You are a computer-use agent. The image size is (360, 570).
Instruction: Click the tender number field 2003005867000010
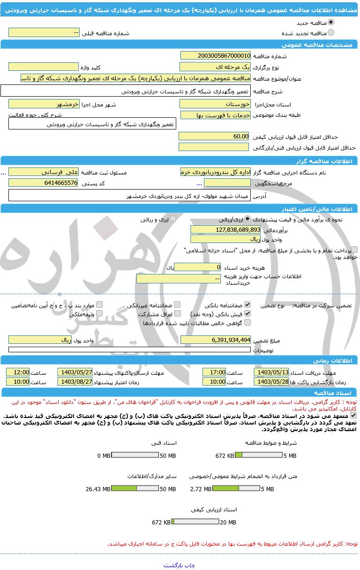pyautogui.click(x=215, y=55)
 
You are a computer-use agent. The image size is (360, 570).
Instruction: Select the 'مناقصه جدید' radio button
pyautogui.click(x=331, y=23)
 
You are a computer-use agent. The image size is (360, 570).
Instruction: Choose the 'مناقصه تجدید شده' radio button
pyautogui.click(x=331, y=33)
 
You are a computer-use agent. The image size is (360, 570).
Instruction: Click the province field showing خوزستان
pyautogui.click(x=215, y=104)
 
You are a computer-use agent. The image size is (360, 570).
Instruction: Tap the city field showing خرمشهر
pyautogui.click(x=44, y=104)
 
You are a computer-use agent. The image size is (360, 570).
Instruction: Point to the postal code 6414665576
pyautogui.click(x=44, y=182)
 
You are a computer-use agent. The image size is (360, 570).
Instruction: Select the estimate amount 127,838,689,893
pyautogui.click(x=225, y=229)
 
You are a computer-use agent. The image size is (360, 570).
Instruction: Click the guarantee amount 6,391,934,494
pyautogui.click(x=215, y=340)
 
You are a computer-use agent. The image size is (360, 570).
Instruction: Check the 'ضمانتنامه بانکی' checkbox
pyautogui.click(x=247, y=305)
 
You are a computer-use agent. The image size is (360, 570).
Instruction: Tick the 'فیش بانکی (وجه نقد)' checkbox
pyautogui.click(x=247, y=313)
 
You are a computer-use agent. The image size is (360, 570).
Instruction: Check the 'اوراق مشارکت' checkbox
pyautogui.click(x=177, y=313)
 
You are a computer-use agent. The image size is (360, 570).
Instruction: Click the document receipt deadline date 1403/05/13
pyautogui.click(x=271, y=372)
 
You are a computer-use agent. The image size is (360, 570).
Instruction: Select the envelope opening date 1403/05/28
pyautogui.click(x=271, y=381)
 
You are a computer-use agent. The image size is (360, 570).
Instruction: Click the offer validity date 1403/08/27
pyautogui.click(x=75, y=381)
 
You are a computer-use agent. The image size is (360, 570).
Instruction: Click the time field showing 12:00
pyautogui.click(x=18, y=372)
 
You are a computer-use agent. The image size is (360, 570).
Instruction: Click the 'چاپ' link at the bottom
pyautogui.click(x=190, y=565)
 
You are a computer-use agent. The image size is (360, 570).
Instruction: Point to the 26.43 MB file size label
pyautogui.click(x=97, y=489)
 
